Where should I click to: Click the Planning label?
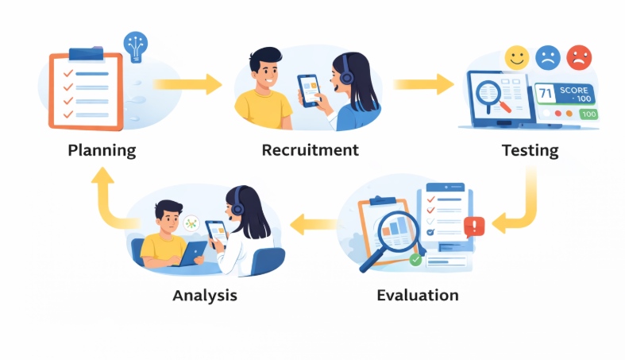pos(102,151)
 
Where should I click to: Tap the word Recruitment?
pos(310,150)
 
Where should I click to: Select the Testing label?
pos(530,151)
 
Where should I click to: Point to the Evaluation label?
pos(418,296)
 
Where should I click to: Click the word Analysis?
pos(205,296)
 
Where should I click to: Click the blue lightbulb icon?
pos(136,47)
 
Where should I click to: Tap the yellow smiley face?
pos(517,58)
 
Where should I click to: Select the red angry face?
pos(579,58)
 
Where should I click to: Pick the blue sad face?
pos(548,58)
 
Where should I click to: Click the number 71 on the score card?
pos(545,94)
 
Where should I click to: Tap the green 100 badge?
pos(588,114)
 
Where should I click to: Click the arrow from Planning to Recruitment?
pos(187,84)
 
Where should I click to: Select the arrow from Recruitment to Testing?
pos(423,84)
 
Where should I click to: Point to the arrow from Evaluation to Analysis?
pos(314,224)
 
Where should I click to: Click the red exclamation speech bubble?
pos(474,227)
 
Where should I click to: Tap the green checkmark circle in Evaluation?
pos(415,260)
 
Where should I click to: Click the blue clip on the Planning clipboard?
pos(86,53)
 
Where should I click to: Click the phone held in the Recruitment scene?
pos(309,91)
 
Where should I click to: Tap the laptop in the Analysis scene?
pos(192,253)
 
